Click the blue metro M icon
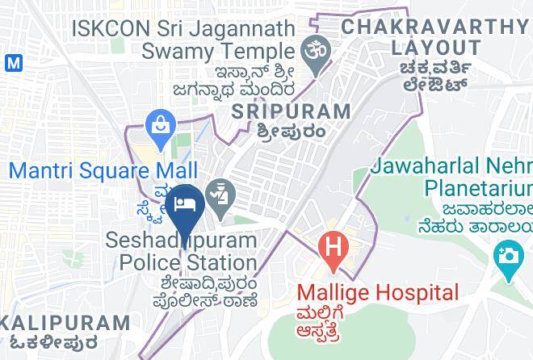(x=11, y=61)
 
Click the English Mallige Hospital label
(x=377, y=292)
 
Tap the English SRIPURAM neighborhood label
(x=291, y=111)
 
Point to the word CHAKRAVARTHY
(x=436, y=26)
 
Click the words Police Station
(x=188, y=262)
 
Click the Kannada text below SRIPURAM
(x=291, y=131)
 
